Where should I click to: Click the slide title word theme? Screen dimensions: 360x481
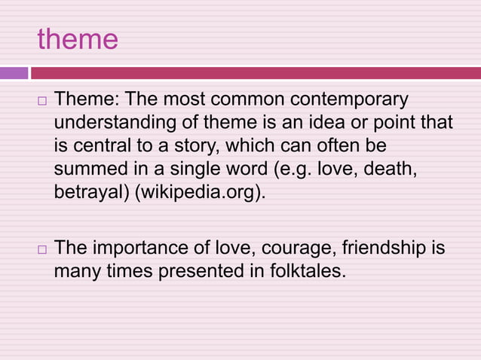[x=78, y=39]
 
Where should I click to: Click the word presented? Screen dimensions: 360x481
[x=223, y=270]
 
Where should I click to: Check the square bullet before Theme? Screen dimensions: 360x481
[x=42, y=101]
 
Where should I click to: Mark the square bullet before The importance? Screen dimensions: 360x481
[x=42, y=249]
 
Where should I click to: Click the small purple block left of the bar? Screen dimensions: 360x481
[x=14, y=73]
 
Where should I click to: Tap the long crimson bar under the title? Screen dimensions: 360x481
[x=255, y=73]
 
